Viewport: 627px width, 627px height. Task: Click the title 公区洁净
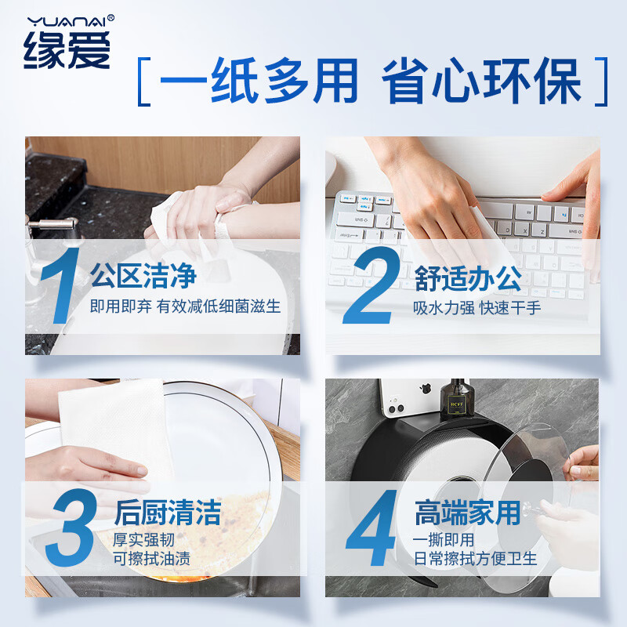(143, 277)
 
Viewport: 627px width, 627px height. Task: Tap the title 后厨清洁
(168, 513)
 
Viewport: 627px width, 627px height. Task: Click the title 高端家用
(467, 513)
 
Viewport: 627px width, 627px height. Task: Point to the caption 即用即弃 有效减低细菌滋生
(185, 306)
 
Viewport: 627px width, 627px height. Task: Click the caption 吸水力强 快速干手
(477, 307)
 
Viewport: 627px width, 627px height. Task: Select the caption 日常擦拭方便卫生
(476, 559)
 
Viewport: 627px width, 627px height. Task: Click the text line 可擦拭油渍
(152, 559)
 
